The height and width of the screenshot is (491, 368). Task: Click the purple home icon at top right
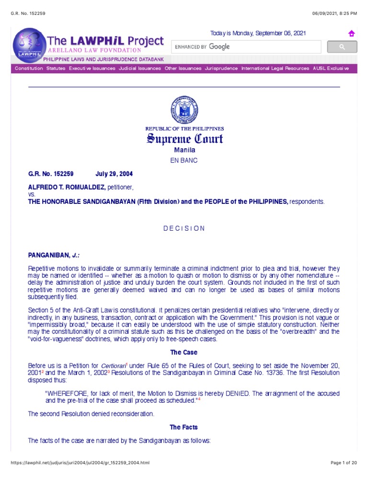[x=351, y=34]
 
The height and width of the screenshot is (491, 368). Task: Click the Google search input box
[x=246, y=47]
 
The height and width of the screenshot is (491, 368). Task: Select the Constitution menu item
[x=29, y=69]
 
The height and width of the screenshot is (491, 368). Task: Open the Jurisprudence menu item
[x=221, y=69]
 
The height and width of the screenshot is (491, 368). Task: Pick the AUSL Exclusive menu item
[x=331, y=69]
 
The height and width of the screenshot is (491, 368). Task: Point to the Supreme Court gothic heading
[x=184, y=140]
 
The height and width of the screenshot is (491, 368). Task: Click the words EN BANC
[x=184, y=161]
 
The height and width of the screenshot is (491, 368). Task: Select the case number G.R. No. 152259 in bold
[x=51, y=174]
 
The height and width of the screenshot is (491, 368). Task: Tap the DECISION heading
[x=184, y=228]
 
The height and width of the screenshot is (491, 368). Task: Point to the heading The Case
[x=184, y=352]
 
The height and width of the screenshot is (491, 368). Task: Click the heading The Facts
[x=184, y=427]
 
